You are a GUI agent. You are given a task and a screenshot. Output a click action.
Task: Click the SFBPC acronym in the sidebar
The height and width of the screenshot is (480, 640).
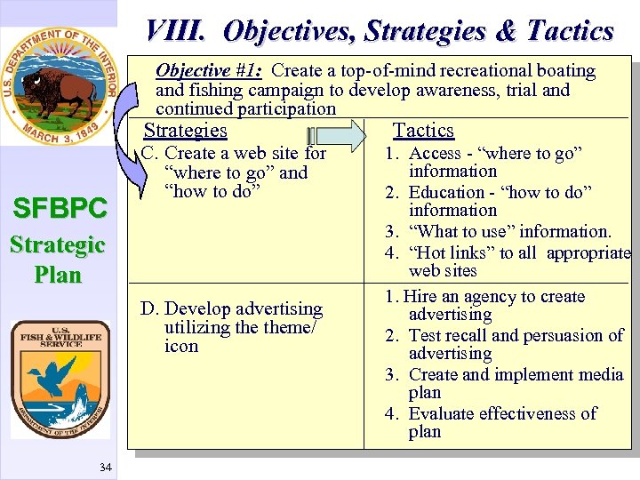tap(59, 210)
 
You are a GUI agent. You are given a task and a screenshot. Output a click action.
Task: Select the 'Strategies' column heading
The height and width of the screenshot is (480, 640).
tap(185, 131)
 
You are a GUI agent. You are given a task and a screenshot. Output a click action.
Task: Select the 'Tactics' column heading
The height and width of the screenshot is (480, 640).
tap(423, 131)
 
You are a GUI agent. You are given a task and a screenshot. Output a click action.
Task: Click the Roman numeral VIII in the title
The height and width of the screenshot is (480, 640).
tap(176, 31)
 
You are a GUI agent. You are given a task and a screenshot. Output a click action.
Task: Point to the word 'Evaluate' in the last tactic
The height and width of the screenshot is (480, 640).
tap(444, 413)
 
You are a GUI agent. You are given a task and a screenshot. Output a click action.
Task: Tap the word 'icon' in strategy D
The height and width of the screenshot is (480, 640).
tap(181, 347)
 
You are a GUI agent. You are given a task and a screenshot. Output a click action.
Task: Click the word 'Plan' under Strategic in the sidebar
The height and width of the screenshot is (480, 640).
tap(58, 274)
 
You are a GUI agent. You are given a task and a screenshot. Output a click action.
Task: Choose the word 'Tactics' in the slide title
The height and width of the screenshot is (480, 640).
tap(570, 31)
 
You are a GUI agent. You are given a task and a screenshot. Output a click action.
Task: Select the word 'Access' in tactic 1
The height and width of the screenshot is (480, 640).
tap(435, 153)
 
